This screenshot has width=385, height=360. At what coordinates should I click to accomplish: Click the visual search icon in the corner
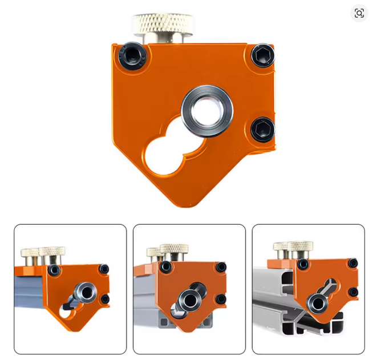pyautogui.click(x=359, y=13)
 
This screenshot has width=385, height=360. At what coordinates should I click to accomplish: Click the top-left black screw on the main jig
pyautogui.click(x=131, y=55)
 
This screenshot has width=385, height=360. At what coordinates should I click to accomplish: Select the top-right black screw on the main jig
pyautogui.click(x=263, y=55)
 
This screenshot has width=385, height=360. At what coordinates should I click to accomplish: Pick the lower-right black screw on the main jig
pyautogui.click(x=262, y=129)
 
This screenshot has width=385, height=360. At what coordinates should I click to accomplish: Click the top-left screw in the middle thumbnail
pyautogui.click(x=165, y=266)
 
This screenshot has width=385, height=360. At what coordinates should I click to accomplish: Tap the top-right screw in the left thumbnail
pyautogui.click(x=104, y=269)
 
